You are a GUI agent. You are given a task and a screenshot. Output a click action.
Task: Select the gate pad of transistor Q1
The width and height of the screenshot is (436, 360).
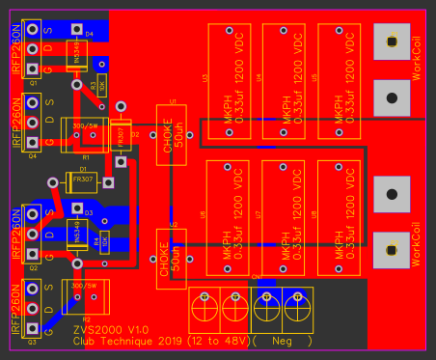[33, 69]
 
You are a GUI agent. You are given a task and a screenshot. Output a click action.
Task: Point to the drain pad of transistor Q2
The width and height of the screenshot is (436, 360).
[33, 234]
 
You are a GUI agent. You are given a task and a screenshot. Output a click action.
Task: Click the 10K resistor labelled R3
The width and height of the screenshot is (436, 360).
[100, 87]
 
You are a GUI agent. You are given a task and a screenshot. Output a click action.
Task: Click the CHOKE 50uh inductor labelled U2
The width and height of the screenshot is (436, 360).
[175, 258]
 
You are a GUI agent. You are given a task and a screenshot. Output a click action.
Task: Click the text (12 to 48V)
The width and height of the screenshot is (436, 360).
[207, 341]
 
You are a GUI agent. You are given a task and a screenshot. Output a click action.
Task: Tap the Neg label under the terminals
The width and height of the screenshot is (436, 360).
[282, 341]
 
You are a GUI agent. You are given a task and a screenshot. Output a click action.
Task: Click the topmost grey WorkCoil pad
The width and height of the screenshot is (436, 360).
[391, 42]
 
